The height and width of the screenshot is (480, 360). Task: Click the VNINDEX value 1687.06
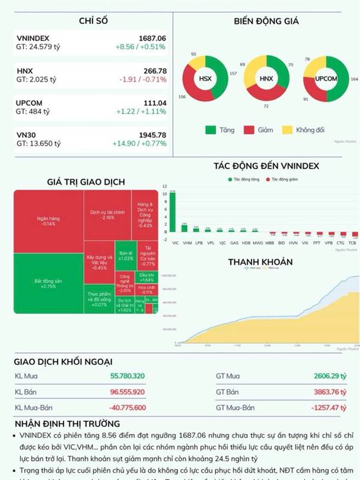click(152, 38)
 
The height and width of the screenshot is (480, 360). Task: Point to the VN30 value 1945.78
click(152, 135)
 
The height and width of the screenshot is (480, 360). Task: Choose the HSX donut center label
click(205, 78)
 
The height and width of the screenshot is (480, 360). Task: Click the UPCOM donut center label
click(326, 78)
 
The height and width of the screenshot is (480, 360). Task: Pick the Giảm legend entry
click(257, 130)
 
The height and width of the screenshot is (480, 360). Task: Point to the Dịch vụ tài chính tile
click(107, 214)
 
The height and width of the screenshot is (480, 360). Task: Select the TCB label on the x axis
click(352, 243)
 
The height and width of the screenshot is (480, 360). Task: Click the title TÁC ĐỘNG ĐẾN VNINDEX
click(266, 166)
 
